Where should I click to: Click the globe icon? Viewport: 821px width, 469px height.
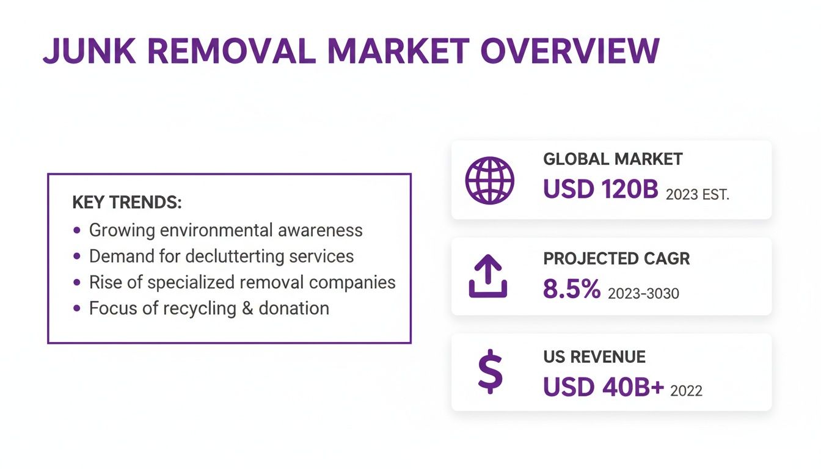489,180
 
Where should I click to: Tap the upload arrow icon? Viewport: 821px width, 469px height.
488,276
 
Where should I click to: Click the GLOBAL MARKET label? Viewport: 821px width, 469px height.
613,159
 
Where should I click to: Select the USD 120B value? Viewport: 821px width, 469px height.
600,190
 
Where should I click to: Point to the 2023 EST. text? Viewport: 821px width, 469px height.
698,195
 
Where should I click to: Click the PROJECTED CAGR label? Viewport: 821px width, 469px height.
616,258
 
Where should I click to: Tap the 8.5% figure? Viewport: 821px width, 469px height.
572,289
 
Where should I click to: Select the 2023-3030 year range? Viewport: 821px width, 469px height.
643,294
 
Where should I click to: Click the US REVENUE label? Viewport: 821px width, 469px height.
594,357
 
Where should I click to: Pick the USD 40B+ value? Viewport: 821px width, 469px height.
603,387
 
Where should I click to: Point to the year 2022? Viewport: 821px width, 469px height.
686,391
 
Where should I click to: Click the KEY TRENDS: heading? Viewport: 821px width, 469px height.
127,203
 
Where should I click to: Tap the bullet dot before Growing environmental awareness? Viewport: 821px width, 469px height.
76,230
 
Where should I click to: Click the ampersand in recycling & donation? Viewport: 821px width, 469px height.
247,308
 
